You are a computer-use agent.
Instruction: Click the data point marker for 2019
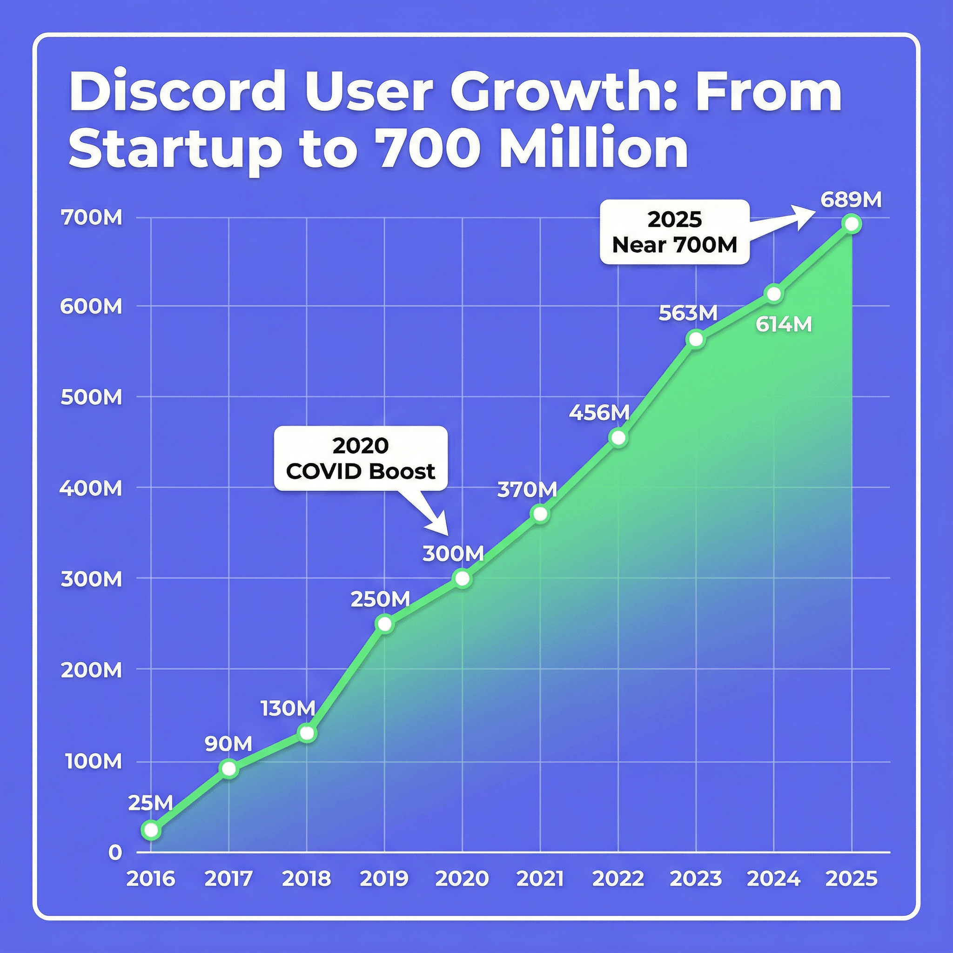tap(384, 624)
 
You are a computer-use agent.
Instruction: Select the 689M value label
tap(851, 200)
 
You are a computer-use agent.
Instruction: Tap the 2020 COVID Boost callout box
tap(361, 458)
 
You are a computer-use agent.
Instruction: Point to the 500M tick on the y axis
tap(91, 397)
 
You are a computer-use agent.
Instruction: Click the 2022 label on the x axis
tap(617, 879)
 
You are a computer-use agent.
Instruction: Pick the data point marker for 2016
tap(151, 830)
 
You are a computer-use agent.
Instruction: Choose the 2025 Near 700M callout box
tap(674, 232)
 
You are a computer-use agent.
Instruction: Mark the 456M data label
tap(599, 412)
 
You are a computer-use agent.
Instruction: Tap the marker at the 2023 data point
tap(696, 339)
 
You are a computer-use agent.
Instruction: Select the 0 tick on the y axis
tap(115, 852)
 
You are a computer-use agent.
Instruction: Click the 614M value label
tap(784, 325)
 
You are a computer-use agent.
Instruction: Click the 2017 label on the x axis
tap(228, 879)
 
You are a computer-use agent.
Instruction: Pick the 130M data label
tap(288, 708)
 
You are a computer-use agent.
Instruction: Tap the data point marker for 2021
tap(540, 514)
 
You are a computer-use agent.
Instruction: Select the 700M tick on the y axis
tap(91, 217)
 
